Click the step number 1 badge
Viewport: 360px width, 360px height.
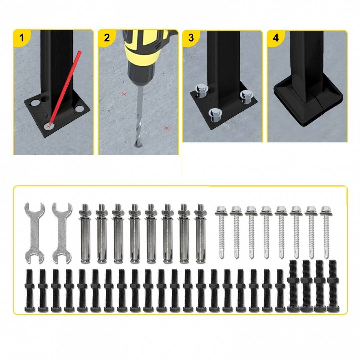[21, 38]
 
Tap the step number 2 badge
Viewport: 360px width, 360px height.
[107, 38]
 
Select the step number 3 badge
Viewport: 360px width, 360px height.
[191, 38]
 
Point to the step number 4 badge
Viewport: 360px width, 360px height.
[276, 38]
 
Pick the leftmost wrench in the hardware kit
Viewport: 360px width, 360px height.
[34, 233]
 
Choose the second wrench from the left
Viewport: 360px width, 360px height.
[62, 233]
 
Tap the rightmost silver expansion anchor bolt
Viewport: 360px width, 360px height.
[200, 233]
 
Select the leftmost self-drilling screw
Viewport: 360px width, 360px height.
[221, 232]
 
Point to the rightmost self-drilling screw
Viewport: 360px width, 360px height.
[326, 232]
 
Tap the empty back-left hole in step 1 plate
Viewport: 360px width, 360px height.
[34, 102]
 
